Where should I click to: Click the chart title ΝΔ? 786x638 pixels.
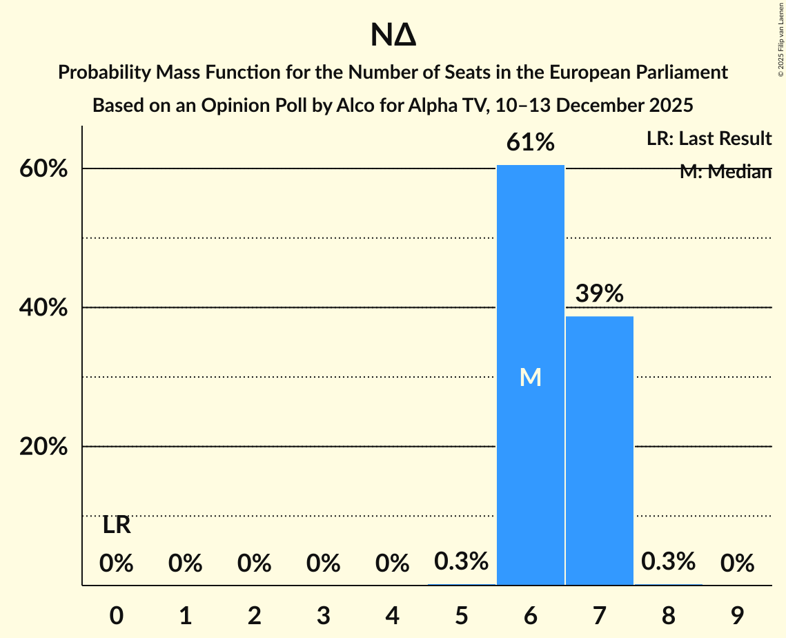pyautogui.click(x=393, y=36)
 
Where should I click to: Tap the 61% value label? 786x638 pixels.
pyautogui.click(x=531, y=143)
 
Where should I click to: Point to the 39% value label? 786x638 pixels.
pyautogui.click(x=600, y=293)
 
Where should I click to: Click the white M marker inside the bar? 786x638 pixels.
pyautogui.click(x=531, y=377)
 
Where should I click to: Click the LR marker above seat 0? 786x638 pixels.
pyautogui.click(x=117, y=525)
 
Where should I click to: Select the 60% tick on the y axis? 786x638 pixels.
pyautogui.click(x=43, y=169)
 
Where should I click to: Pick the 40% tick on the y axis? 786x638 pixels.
pyautogui.click(x=43, y=308)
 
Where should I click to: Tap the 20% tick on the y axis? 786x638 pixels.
pyautogui.click(x=43, y=447)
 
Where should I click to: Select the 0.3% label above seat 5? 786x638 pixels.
pyautogui.click(x=462, y=562)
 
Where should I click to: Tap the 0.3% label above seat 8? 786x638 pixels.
pyautogui.click(x=668, y=562)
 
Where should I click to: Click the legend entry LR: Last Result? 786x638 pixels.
pyautogui.click(x=709, y=139)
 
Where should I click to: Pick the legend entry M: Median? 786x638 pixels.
pyautogui.click(x=725, y=172)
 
